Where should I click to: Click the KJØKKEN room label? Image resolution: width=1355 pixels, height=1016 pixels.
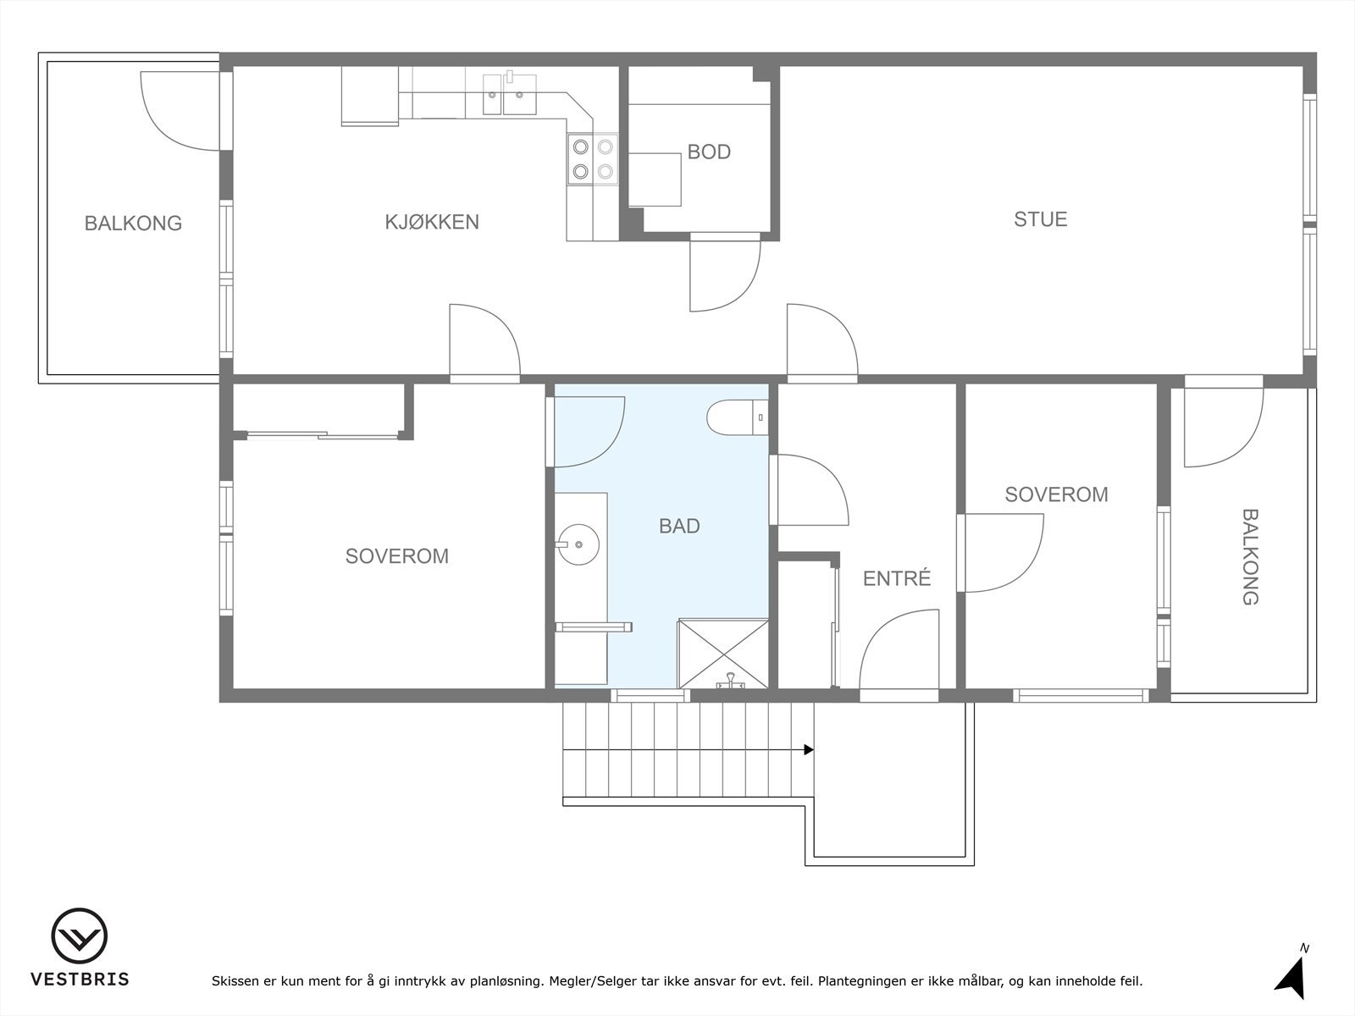(432, 222)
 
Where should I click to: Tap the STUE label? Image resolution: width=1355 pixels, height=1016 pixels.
(1041, 219)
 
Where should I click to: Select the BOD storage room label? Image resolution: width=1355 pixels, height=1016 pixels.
(709, 152)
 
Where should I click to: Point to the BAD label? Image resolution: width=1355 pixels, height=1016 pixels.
(679, 526)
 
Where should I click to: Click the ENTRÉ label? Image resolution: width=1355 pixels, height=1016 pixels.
(896, 578)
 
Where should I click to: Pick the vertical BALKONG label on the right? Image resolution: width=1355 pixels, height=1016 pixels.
(1250, 556)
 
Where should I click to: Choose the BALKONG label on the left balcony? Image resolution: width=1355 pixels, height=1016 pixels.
(133, 224)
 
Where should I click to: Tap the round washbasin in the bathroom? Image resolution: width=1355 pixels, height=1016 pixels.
(579, 544)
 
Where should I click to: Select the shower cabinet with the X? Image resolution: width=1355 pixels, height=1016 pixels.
(723, 654)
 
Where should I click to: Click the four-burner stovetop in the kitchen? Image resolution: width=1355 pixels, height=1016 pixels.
(593, 159)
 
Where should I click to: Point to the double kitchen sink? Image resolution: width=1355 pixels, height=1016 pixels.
(509, 94)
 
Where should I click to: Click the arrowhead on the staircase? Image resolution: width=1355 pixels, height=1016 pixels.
(809, 750)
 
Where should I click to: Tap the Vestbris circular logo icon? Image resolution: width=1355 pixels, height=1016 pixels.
(79, 936)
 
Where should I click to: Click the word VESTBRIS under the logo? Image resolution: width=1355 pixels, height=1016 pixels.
(80, 979)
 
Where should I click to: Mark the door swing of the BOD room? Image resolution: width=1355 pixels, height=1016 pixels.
(725, 276)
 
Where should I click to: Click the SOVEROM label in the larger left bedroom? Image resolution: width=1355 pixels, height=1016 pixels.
(397, 556)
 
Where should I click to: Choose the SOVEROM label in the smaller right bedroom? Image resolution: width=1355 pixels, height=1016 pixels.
(1056, 494)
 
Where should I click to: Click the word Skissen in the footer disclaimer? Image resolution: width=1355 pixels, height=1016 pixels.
(235, 980)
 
